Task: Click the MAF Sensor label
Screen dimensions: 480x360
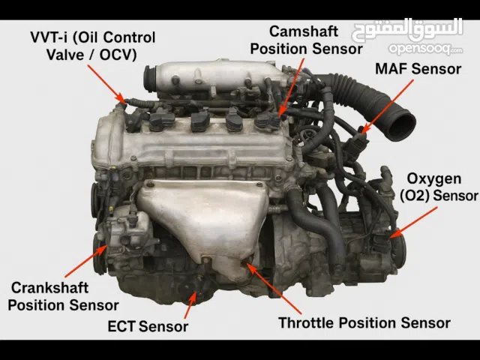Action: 418,69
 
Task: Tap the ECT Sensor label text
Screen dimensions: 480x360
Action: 148,326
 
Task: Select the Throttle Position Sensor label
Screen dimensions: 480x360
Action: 364,323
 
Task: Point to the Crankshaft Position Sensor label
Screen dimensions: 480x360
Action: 63,296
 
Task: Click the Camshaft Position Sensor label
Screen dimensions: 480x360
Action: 306,40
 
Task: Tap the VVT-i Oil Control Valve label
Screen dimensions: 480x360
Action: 93,46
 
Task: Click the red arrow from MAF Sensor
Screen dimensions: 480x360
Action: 387,106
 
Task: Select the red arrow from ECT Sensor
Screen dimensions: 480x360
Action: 190,305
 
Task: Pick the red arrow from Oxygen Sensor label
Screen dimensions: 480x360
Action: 413,223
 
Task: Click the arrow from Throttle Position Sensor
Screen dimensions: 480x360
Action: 274,288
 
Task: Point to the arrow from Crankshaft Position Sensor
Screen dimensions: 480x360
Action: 86,261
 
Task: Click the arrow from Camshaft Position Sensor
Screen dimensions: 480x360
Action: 292,87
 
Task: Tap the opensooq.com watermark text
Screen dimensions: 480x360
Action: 425,49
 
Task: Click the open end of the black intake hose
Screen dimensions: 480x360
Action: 401,125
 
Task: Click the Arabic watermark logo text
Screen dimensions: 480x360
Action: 407,30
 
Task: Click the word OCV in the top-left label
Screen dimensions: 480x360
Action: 118,55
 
